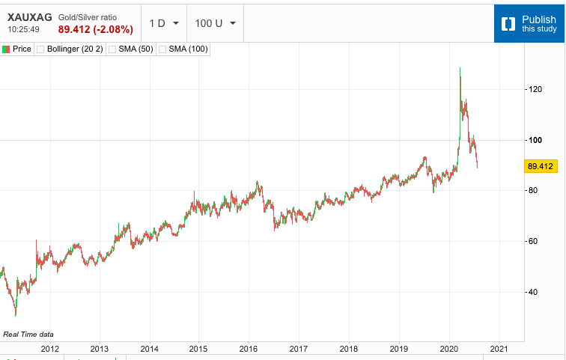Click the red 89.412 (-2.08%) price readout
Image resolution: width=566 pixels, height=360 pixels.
click(x=95, y=29)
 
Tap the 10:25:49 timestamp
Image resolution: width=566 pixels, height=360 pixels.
click(x=24, y=29)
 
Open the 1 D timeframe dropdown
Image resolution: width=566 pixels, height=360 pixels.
click(x=163, y=22)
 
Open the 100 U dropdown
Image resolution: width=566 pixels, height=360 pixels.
click(x=215, y=22)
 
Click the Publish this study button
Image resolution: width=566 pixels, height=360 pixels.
click(x=529, y=23)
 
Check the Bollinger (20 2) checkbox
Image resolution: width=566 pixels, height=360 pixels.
click(x=41, y=49)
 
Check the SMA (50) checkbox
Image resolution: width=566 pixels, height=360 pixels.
click(x=112, y=49)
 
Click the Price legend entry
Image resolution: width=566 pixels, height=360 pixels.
click(x=17, y=49)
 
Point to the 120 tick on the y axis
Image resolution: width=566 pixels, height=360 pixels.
click(x=535, y=90)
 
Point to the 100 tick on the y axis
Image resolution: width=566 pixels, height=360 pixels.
click(x=535, y=140)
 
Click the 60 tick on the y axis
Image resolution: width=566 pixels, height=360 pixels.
click(x=532, y=241)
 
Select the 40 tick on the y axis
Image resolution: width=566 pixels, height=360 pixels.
click(x=532, y=292)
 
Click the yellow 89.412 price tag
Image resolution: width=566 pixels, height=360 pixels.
click(x=540, y=165)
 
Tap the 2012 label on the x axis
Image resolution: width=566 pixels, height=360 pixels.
click(x=49, y=349)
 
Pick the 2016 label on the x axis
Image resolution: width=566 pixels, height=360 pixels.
click(x=249, y=349)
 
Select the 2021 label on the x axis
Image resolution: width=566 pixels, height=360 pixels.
click(x=499, y=349)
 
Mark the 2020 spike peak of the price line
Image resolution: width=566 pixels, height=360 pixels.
click(x=460, y=68)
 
